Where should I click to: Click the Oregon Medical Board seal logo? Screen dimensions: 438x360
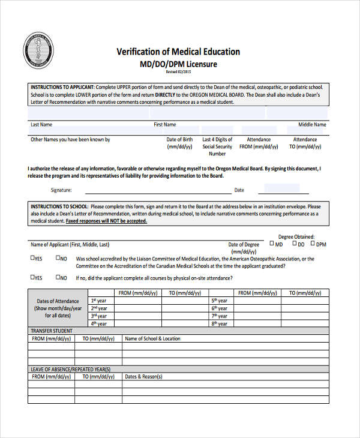point(38,51)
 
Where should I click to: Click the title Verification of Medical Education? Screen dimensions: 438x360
point(178,52)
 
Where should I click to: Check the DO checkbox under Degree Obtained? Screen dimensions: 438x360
point(295,244)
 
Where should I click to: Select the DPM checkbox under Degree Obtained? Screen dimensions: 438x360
point(313,244)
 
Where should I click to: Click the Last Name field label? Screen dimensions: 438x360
point(41,125)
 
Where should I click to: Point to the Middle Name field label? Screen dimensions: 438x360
point(312,125)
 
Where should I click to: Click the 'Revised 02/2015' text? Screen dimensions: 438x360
point(178,72)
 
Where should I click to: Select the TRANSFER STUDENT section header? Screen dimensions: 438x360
point(52,331)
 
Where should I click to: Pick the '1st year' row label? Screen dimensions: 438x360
point(98,300)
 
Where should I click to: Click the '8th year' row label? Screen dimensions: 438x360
point(219,323)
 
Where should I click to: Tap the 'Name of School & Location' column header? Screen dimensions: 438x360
point(152,338)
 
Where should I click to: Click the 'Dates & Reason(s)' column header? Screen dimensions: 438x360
point(143,377)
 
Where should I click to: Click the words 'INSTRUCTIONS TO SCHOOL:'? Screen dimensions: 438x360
point(59,206)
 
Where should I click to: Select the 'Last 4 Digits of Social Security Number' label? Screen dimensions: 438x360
point(217,146)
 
